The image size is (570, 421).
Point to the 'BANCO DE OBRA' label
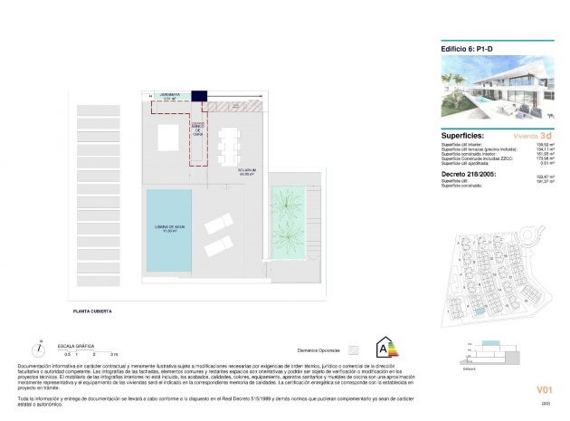[193, 130]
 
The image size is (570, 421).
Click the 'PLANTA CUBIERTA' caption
[95, 311]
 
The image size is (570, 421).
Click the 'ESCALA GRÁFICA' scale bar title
[76, 345]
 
